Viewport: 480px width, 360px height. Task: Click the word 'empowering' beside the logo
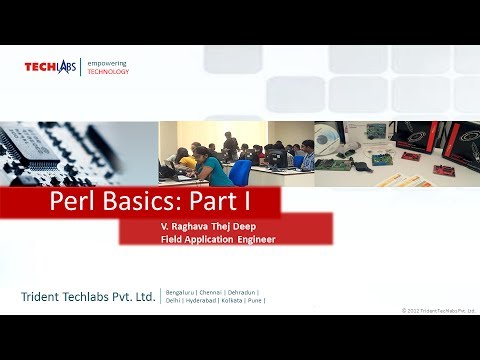click(107, 63)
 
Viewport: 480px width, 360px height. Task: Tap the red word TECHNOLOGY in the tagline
click(108, 72)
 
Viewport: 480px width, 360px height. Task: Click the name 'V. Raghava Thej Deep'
click(208, 228)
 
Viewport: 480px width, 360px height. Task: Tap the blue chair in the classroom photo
click(241, 172)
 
